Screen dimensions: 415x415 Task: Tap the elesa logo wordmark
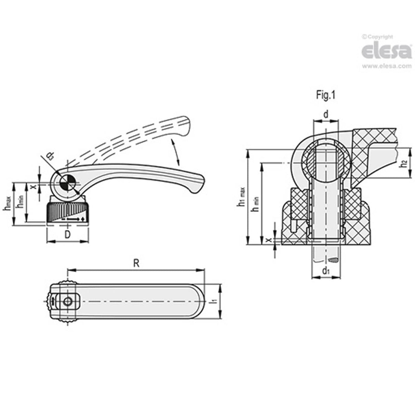tap(386, 51)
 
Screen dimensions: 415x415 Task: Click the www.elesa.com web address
tap(387, 66)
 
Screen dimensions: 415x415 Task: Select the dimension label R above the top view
tap(136, 263)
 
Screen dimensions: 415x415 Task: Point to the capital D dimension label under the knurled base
tap(68, 235)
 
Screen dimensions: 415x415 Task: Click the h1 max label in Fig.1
tap(241, 198)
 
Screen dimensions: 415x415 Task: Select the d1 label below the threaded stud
tap(326, 271)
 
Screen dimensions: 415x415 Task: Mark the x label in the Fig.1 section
tap(269, 240)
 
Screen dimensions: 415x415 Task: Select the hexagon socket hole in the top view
tap(68, 302)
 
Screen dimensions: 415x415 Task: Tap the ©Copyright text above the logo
tap(377, 37)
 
